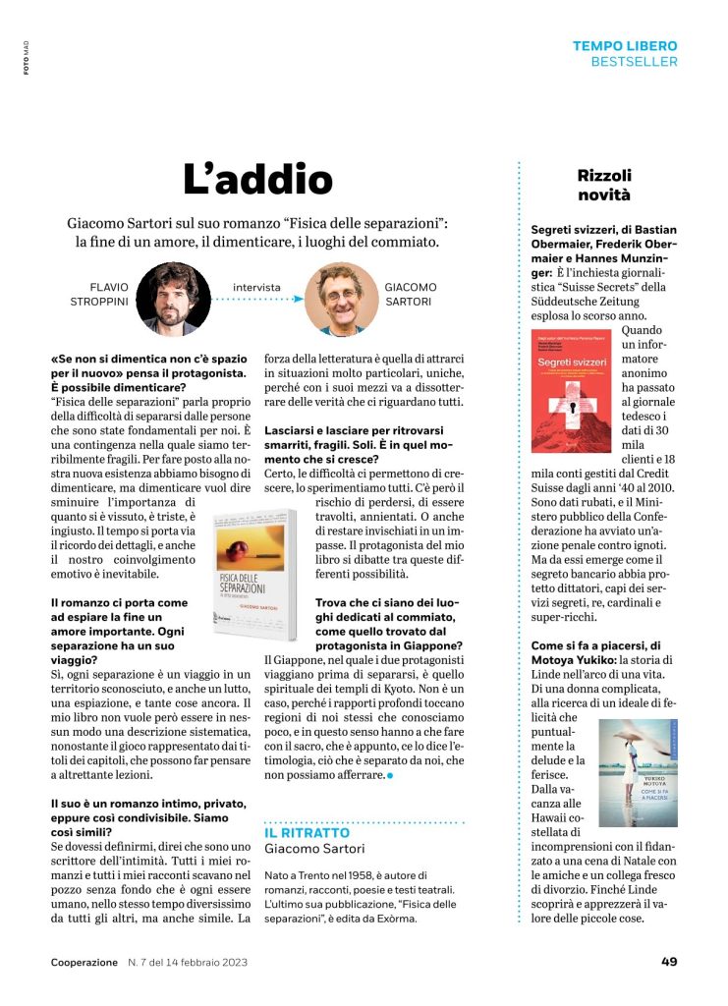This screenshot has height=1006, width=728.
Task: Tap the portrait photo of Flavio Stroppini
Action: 172,298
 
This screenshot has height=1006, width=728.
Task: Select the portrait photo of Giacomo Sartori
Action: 341,298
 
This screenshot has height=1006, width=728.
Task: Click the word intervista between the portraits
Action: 256,288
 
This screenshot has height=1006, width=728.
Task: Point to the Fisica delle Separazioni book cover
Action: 254,568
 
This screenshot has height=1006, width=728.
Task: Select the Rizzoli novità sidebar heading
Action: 604,185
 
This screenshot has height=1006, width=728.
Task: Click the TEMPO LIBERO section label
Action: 625,46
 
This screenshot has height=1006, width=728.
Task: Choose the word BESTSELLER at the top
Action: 634,62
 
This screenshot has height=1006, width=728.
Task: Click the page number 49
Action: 669,962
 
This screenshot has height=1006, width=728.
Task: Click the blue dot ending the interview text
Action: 390,775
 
